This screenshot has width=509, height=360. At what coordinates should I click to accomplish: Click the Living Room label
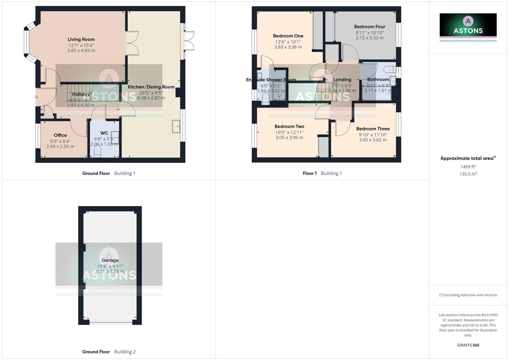81,39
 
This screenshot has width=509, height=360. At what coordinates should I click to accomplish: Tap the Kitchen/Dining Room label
151,87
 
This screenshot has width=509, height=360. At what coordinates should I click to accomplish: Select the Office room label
60,135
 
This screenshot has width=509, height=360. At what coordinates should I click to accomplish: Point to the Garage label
110,260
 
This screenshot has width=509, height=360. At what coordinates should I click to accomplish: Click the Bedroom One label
288,36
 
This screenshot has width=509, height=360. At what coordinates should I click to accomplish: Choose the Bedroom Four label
369,27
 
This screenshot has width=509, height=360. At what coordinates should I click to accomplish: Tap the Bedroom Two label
289,126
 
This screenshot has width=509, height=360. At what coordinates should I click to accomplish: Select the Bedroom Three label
373,129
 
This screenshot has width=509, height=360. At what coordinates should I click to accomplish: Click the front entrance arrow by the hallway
36,97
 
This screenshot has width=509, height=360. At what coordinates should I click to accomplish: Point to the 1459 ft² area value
468,167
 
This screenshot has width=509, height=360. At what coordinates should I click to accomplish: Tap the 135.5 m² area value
468,174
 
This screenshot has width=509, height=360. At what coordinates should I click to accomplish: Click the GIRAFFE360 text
468,345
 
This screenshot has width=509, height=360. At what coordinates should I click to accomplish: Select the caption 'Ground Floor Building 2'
109,352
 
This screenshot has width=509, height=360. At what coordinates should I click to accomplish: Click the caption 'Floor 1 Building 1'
322,173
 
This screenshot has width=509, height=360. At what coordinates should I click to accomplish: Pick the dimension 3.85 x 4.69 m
81,51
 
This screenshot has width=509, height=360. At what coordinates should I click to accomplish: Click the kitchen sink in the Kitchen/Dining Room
176,126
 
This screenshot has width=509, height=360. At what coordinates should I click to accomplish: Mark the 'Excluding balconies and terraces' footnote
468,295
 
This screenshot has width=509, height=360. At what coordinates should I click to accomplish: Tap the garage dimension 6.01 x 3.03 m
110,272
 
